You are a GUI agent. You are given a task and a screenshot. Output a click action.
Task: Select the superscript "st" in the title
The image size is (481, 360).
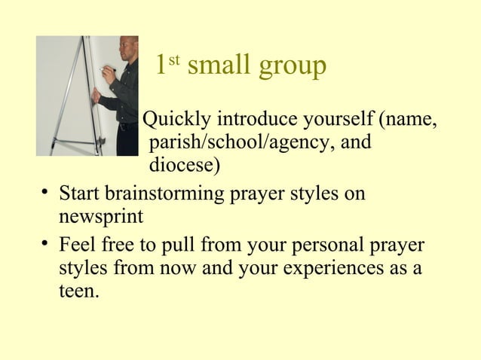click(173, 57)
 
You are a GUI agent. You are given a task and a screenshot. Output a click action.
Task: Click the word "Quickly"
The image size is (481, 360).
click(178, 120)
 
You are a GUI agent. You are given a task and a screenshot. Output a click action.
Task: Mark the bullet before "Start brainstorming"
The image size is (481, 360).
click(47, 192)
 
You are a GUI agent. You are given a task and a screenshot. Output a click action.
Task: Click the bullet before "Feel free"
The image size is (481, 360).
click(47, 246)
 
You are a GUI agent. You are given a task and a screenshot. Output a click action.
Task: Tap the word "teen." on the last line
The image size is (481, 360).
click(78, 290)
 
